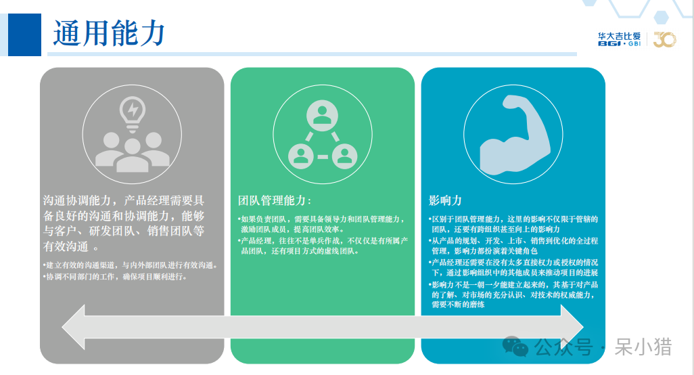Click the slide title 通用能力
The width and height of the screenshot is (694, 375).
pos(109,34)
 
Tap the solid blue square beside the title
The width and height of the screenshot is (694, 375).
pos(25,35)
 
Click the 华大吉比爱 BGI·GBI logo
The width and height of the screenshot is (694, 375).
pos(619,39)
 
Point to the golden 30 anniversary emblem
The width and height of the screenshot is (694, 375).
pos(665,39)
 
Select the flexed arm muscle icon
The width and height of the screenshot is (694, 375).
pos(515,135)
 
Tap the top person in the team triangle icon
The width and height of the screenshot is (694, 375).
pos(322,115)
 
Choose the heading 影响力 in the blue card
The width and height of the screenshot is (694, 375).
pos(445,200)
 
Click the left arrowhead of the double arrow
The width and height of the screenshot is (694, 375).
pos(74,327)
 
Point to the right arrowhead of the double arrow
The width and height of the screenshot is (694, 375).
pos(572,327)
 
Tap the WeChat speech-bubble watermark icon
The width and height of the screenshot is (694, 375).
pos(515,346)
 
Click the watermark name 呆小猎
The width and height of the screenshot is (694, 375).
pos(643,347)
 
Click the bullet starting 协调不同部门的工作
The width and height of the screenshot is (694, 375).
pos(115,277)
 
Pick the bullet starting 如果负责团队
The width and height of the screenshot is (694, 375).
pos(321,224)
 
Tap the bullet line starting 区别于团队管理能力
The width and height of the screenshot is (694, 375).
pos(513,224)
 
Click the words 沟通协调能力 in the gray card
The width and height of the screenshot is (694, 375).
pos(77,200)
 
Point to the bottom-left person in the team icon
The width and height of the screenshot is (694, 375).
pos(301,156)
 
